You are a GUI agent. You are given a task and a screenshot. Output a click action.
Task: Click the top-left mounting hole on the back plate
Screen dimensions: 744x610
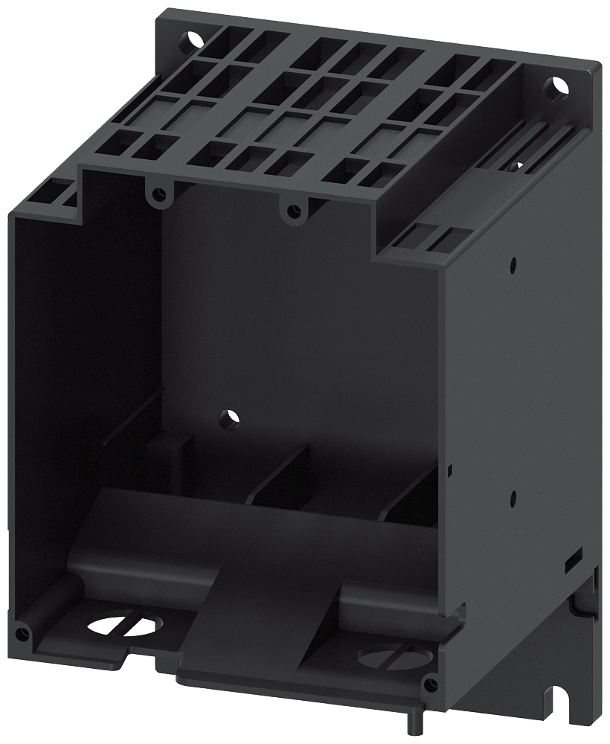[x=194, y=35]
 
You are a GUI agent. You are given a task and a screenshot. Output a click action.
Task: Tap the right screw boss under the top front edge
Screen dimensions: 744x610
[x=292, y=211]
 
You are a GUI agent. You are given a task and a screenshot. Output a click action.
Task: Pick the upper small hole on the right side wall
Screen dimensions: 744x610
[x=513, y=263]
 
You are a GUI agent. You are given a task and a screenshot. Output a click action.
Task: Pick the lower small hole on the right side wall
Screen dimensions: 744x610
[x=513, y=493]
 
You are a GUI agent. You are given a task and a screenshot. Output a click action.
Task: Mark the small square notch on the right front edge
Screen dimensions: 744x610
[x=449, y=469]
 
